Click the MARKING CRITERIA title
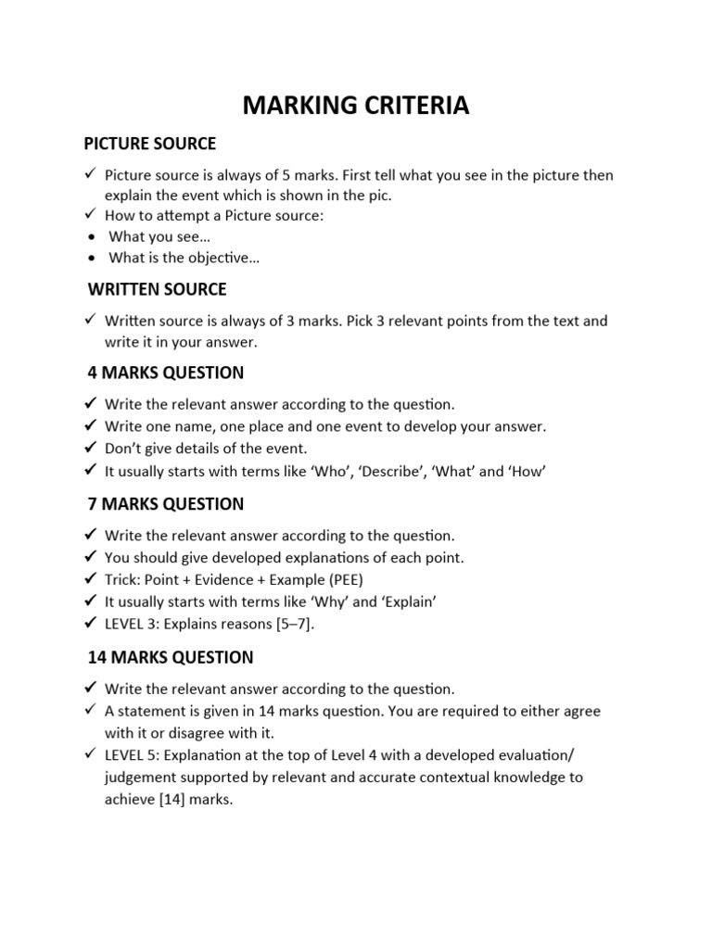click(356, 107)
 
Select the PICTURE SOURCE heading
click(149, 144)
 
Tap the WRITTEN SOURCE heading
click(157, 290)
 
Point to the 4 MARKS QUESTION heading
click(164, 373)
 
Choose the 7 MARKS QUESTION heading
click(164, 504)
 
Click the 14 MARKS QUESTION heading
click(170, 658)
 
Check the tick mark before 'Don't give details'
click(90, 449)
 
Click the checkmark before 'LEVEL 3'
click(90, 623)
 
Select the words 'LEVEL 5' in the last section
click(131, 755)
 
